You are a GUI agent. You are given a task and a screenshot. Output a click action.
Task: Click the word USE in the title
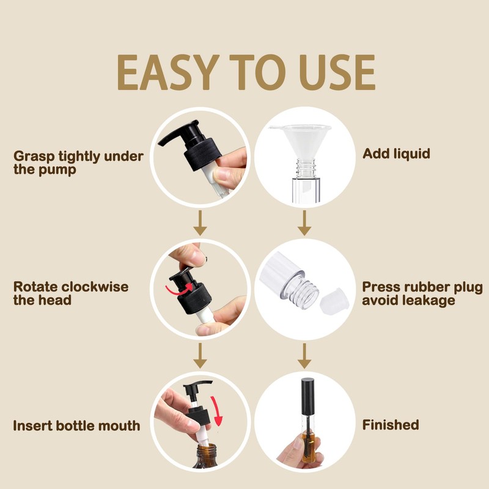(x=334, y=73)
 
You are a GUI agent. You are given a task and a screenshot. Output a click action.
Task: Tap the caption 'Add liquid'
(x=396, y=153)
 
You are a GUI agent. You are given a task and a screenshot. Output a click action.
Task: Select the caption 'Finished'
(x=391, y=425)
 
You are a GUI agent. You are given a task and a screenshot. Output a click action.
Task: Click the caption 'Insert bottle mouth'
(x=77, y=425)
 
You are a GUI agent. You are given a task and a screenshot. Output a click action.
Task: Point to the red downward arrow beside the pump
(x=218, y=413)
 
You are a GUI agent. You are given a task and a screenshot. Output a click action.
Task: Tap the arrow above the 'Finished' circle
(x=304, y=358)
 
